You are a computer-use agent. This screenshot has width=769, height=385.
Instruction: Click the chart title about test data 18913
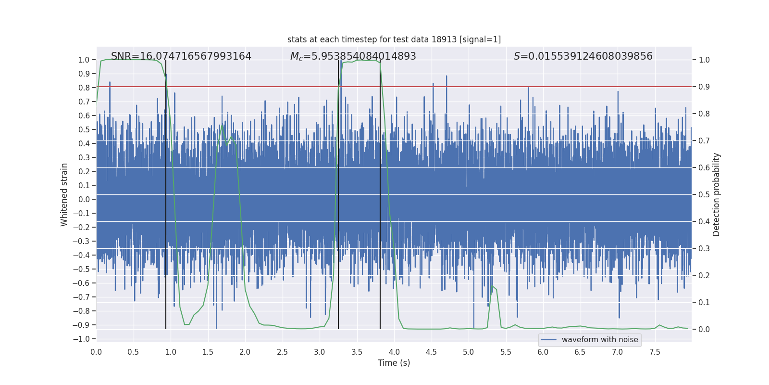pyautogui.click(x=394, y=39)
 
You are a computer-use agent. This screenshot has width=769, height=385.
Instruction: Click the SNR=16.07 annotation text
pyautogui.click(x=181, y=56)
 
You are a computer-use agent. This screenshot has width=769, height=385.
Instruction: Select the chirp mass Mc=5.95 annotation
pyautogui.click(x=353, y=56)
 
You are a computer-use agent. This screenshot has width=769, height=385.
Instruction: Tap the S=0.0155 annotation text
pyautogui.click(x=583, y=56)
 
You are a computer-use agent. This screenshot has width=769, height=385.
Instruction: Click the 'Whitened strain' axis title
pyautogui.click(x=64, y=194)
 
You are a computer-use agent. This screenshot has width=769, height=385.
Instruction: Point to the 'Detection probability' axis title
pyautogui.click(x=717, y=194)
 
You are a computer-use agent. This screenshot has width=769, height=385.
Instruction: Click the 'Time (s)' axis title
pyautogui.click(x=394, y=363)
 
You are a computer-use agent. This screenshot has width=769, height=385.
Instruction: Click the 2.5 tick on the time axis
pyautogui.click(x=282, y=352)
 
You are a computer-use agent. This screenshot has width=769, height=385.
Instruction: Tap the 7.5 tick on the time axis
pyautogui.click(x=655, y=352)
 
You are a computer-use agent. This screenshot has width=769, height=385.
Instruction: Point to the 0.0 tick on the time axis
pyautogui.click(x=96, y=352)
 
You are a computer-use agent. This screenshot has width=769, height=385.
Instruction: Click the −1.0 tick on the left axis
pyautogui.click(x=81, y=339)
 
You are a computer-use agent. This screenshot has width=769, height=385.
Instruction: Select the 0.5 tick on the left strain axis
pyautogui.click(x=84, y=129)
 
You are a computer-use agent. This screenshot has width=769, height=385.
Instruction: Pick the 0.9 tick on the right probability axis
pyautogui.click(x=704, y=87)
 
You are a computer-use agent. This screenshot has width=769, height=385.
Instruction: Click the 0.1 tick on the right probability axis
pyautogui.click(x=704, y=302)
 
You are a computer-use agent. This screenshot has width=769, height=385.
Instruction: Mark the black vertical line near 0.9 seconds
pyautogui.click(x=166, y=192)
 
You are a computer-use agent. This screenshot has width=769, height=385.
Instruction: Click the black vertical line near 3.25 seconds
pyautogui.click(x=338, y=192)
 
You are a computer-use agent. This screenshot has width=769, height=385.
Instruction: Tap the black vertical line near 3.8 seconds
pyautogui.click(x=380, y=192)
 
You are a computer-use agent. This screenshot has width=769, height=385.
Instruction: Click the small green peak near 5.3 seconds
pyautogui.click(x=492, y=286)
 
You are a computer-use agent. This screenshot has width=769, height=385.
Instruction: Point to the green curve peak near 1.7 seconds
pyautogui.click(x=222, y=126)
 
